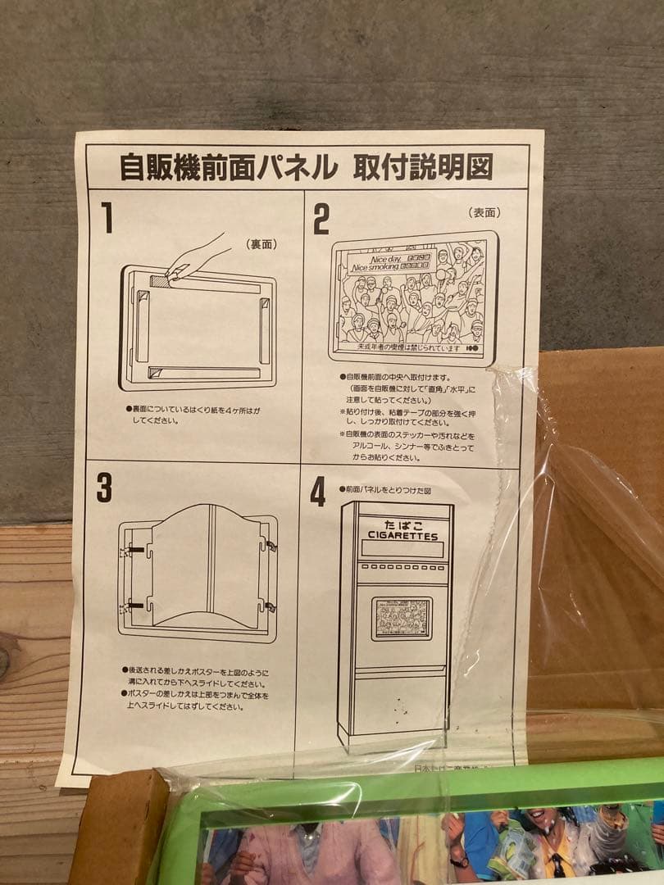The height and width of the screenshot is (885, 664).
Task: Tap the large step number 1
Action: click(x=107, y=218)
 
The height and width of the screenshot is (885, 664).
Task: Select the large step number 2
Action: click(x=321, y=220)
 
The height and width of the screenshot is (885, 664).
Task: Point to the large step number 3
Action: click(x=104, y=488)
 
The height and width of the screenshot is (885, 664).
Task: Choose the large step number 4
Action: click(x=318, y=492)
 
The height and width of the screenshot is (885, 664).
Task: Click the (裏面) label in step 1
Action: click(x=261, y=243)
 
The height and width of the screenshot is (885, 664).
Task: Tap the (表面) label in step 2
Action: click(x=484, y=212)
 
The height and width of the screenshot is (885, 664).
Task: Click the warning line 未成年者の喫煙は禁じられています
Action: click(x=399, y=347)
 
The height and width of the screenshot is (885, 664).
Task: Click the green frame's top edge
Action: click(x=410, y=783)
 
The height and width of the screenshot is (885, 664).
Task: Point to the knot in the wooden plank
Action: click(x=4, y=660)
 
